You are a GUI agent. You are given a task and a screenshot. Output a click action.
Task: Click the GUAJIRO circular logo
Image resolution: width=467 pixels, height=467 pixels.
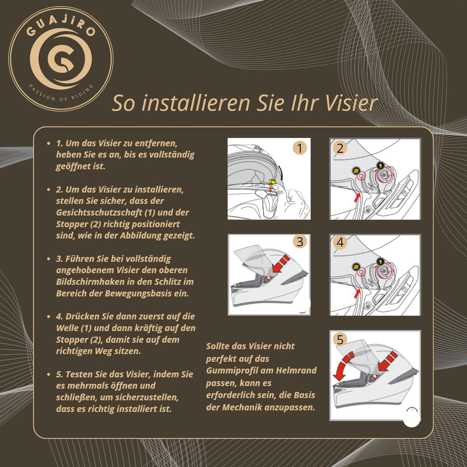[x=61, y=58]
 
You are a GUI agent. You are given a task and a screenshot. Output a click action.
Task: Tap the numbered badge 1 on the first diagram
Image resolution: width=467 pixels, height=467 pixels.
[x=300, y=148]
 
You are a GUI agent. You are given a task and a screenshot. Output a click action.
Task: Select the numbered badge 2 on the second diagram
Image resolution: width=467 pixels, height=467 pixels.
[x=340, y=148]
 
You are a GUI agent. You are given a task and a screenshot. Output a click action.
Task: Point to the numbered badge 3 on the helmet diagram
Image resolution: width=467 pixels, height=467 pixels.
[x=300, y=241]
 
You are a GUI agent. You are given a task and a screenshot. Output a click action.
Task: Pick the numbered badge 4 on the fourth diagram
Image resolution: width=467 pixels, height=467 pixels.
[x=340, y=243]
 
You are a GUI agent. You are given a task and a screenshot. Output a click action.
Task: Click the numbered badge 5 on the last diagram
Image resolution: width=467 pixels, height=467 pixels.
[x=340, y=340]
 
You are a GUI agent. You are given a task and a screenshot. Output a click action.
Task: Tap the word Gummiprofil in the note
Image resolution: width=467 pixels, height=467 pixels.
[x=232, y=371]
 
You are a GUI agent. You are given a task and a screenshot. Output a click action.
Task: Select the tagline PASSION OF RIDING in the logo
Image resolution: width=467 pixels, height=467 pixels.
[x=61, y=91]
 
